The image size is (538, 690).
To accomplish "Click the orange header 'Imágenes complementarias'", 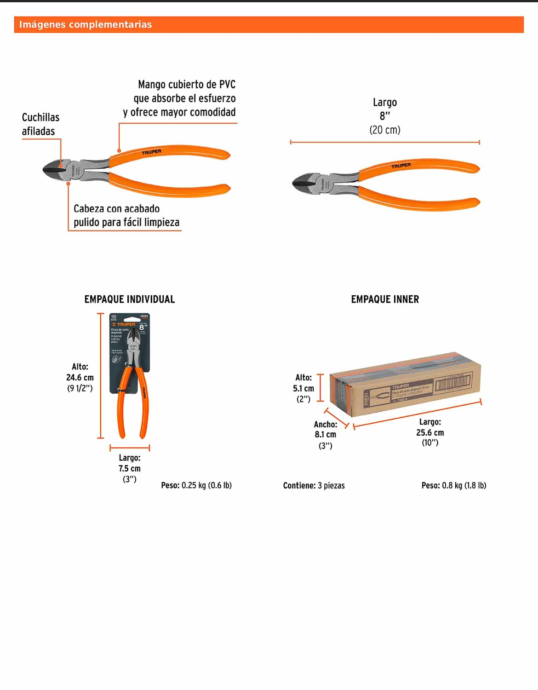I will (86, 24).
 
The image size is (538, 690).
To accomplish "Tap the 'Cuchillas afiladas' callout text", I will (40, 124).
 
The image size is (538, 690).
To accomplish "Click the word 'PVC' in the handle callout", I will (227, 85).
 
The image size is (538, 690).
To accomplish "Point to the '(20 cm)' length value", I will (385, 130).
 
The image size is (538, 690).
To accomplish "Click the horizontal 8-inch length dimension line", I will (385, 143).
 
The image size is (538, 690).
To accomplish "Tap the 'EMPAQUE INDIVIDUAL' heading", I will (130, 299).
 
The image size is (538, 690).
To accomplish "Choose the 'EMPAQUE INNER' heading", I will (385, 299).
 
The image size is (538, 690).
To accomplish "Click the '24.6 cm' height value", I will (80, 378).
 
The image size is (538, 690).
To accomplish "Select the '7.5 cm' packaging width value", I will (130, 469).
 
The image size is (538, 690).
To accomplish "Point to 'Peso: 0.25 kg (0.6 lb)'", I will (196, 486).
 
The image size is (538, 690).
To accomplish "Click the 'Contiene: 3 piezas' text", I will (314, 486).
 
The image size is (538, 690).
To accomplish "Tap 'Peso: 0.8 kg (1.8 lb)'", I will (454, 486).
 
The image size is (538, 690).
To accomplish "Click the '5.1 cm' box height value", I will (303, 389).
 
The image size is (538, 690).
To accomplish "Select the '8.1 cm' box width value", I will (326, 435).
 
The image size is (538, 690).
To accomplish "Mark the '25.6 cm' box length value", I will (430, 433).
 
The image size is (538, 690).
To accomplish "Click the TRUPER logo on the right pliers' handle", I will (401, 166).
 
